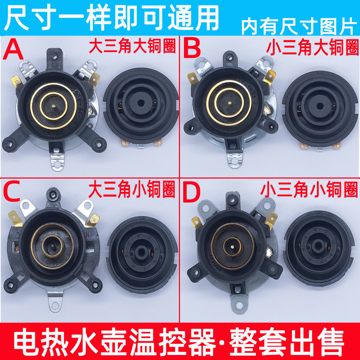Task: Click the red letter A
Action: click(13, 50)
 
